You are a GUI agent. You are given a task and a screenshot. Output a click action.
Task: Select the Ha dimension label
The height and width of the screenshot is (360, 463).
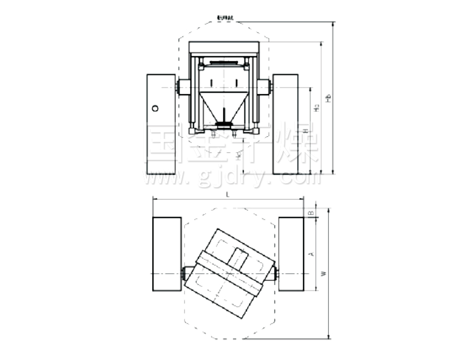pos(317,108)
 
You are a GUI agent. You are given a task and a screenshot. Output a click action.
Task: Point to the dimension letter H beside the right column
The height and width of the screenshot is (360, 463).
pos(306,132)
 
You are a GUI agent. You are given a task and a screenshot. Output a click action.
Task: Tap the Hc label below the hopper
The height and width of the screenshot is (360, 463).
pos(237,153)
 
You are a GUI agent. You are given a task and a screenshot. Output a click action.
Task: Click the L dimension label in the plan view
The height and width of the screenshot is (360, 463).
pos(227,194)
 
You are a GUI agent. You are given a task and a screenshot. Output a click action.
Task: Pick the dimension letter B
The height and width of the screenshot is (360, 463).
pos(311,212)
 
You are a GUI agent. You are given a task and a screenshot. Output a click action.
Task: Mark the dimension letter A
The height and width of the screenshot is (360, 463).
pos(311,254)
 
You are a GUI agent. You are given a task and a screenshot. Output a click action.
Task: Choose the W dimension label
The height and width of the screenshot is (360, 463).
pos(324,274)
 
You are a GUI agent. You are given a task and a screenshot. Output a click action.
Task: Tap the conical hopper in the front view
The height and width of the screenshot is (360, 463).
pos(223,105)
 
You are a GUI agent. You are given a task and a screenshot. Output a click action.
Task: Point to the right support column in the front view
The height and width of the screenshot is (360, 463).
pos(285,123)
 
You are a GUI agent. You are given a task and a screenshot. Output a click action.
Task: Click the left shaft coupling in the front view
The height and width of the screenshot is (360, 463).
pos(183,87)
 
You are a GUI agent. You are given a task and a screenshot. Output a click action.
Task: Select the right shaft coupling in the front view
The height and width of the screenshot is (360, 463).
pos(264,87)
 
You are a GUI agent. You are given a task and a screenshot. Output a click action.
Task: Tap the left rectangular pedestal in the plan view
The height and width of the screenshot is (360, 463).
pos(166,254)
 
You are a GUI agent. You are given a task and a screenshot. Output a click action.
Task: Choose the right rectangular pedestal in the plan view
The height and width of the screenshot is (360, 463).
pos(291,254)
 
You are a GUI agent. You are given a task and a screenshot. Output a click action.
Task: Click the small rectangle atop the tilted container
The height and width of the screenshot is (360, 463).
pos(239,257)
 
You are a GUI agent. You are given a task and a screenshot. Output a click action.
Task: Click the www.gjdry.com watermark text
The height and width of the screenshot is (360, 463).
pos(232,178)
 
